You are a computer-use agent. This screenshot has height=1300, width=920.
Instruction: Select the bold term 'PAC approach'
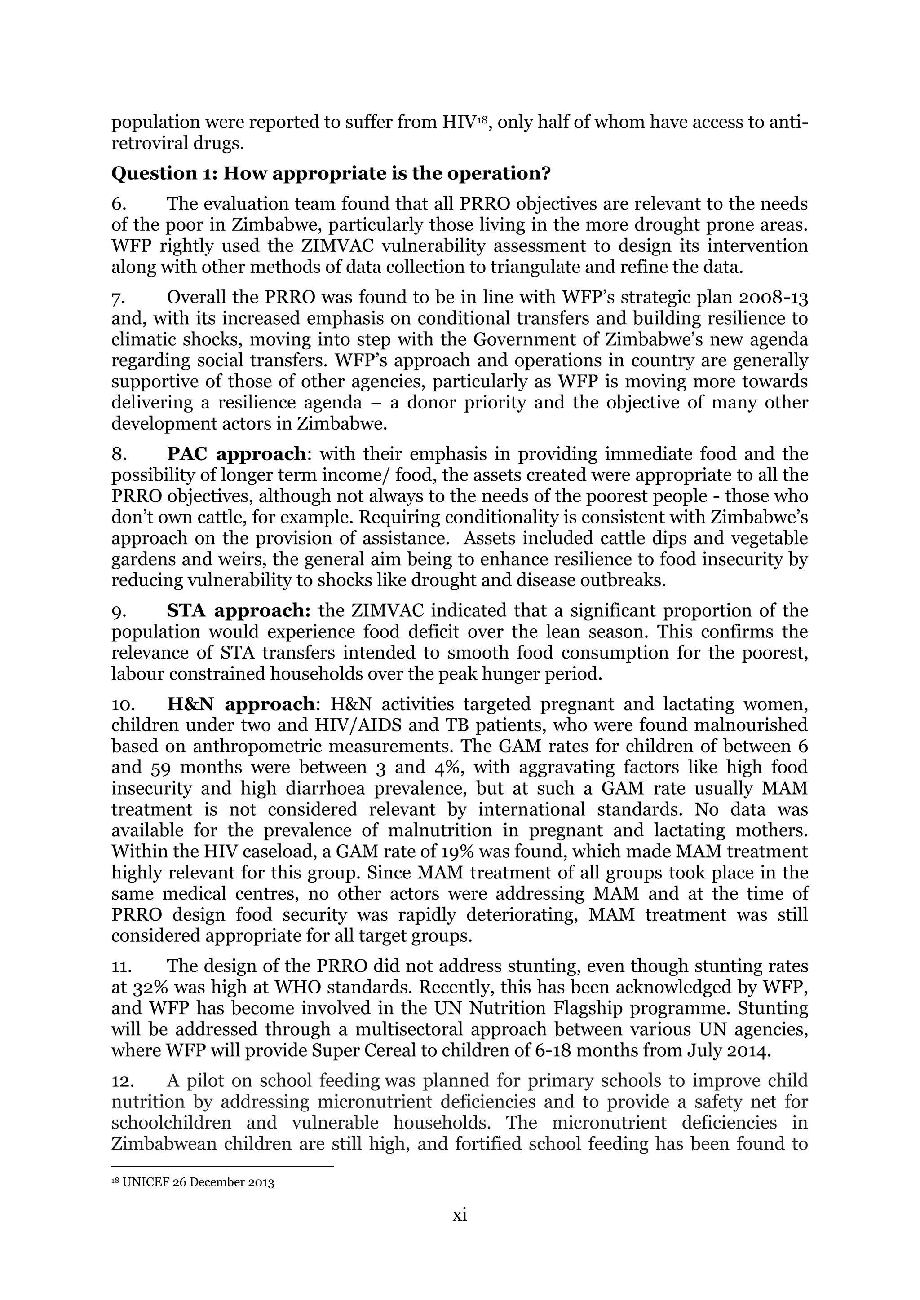(x=236, y=454)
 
